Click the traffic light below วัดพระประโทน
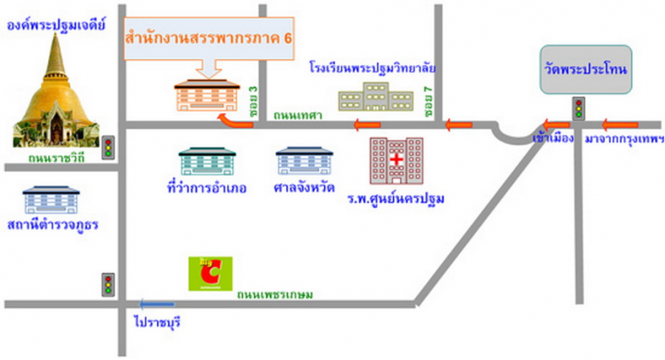click(x=579, y=109)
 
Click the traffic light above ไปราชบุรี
click(x=107, y=284)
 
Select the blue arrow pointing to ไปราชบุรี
click(x=158, y=304)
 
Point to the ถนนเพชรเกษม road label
click(x=273, y=293)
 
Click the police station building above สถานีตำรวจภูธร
click(x=51, y=200)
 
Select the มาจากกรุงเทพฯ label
click(x=626, y=138)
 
